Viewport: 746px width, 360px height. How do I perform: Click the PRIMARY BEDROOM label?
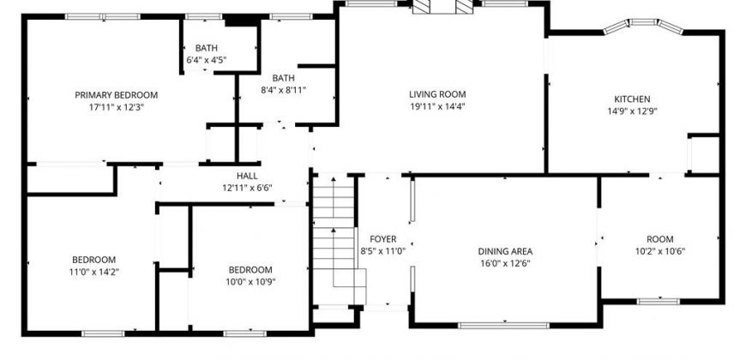click(116, 95)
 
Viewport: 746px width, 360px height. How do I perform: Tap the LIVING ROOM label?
click(437, 94)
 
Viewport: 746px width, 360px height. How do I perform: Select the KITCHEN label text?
click(632, 99)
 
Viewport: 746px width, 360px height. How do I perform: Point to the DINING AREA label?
click(505, 252)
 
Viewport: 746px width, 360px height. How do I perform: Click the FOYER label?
click(382, 239)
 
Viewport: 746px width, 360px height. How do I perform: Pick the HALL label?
click(247, 176)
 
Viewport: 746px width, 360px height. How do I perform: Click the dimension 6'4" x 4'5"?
click(206, 60)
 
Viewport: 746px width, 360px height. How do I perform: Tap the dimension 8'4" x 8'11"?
click(283, 90)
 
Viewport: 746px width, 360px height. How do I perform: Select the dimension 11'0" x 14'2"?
click(93, 272)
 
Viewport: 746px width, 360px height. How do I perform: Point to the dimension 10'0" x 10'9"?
click(250, 281)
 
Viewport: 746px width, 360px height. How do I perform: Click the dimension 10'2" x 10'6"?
click(660, 252)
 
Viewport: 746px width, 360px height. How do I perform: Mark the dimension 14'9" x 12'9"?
click(632, 111)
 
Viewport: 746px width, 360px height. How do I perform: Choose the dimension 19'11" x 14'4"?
click(437, 106)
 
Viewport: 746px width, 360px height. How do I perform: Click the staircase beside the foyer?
click(334, 239)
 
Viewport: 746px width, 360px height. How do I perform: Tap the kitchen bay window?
click(643, 25)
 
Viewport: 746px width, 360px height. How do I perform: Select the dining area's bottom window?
click(503, 326)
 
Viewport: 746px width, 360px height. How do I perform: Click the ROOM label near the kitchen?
click(660, 239)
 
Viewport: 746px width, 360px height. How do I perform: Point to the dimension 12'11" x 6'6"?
click(247, 188)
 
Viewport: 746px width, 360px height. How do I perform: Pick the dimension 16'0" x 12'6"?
click(505, 263)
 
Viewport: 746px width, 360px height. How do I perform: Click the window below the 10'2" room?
click(658, 301)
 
